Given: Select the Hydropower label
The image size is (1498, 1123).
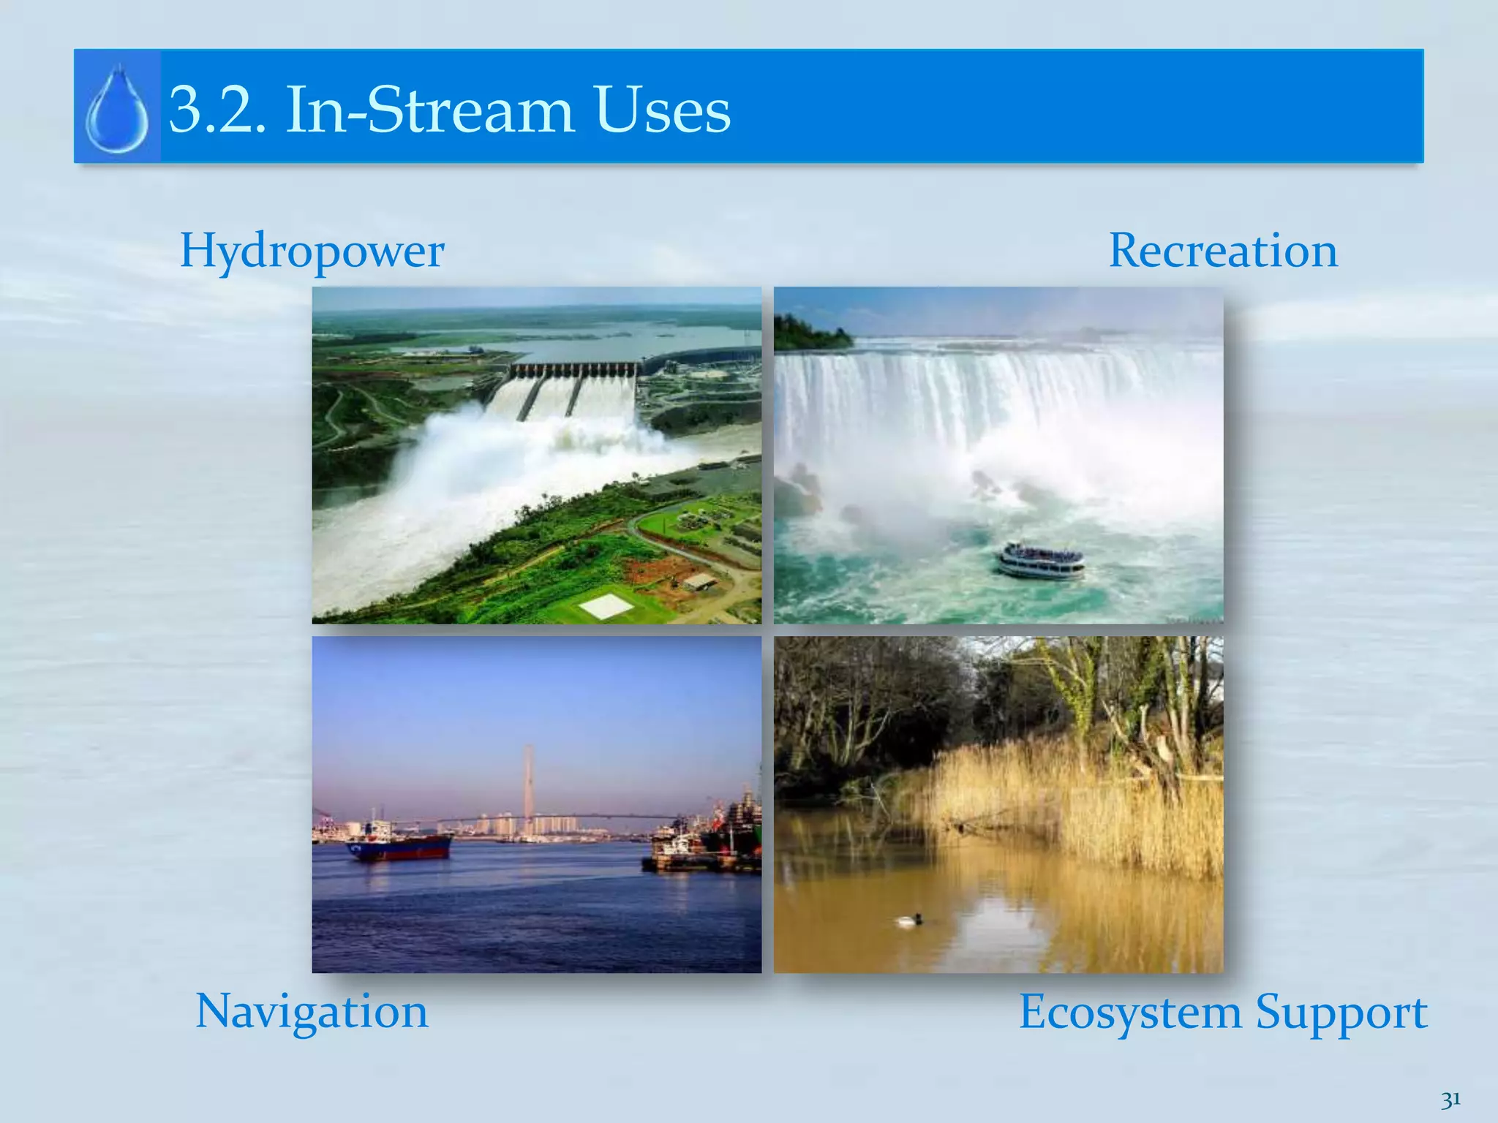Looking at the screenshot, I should [x=312, y=252].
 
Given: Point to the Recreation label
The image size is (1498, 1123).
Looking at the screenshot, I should [x=1223, y=251].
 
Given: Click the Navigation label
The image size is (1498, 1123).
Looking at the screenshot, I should [x=312, y=1012].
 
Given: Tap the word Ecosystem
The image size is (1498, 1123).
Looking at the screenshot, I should [x=1129, y=1013].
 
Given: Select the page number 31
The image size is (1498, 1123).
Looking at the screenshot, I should [x=1450, y=1099].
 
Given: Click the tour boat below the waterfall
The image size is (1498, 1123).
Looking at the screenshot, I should [x=1041, y=560].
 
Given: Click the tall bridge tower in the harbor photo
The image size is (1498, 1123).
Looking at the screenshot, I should [x=527, y=782].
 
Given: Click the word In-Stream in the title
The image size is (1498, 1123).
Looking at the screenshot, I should [x=431, y=111].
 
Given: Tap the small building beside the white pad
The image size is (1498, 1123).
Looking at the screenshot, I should [x=699, y=582].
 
